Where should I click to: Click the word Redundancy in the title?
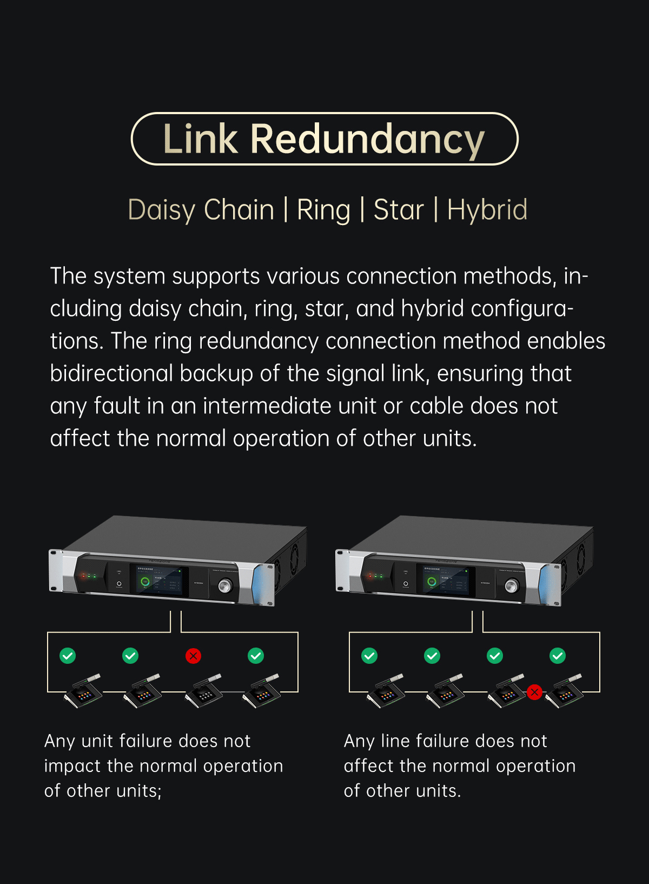[x=367, y=139]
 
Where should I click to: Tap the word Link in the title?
[x=200, y=139]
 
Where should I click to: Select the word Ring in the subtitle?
[x=323, y=210]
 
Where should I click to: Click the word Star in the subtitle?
[x=398, y=210]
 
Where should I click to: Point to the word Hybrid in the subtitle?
[x=487, y=210]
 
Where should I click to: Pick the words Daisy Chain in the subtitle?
[x=201, y=210]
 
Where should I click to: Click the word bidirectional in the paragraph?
[x=111, y=373]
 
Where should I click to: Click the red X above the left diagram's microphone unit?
[x=193, y=656]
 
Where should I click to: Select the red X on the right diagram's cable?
[x=534, y=692]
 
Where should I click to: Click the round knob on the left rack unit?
[x=225, y=585]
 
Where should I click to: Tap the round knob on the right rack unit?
[x=512, y=585]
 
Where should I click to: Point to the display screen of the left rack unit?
[x=159, y=580]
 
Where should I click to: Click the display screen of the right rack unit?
[x=446, y=580]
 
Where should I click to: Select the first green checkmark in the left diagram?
[x=68, y=656]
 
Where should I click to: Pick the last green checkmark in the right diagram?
[x=558, y=656]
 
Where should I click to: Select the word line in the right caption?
[x=395, y=741]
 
